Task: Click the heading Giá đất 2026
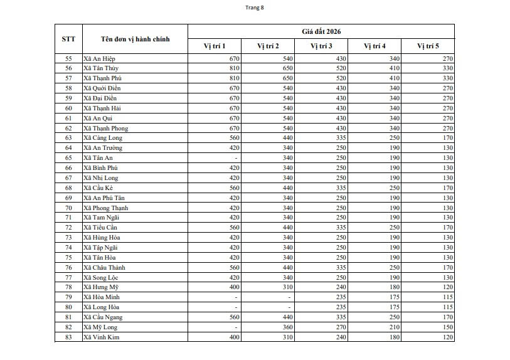click(x=321, y=31)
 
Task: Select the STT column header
click(x=68, y=39)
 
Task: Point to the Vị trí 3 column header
click(x=321, y=46)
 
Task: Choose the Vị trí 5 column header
click(x=428, y=46)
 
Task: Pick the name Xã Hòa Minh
click(x=102, y=297)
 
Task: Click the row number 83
click(x=68, y=337)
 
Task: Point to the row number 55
click(x=68, y=58)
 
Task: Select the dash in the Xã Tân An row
click(x=236, y=158)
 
